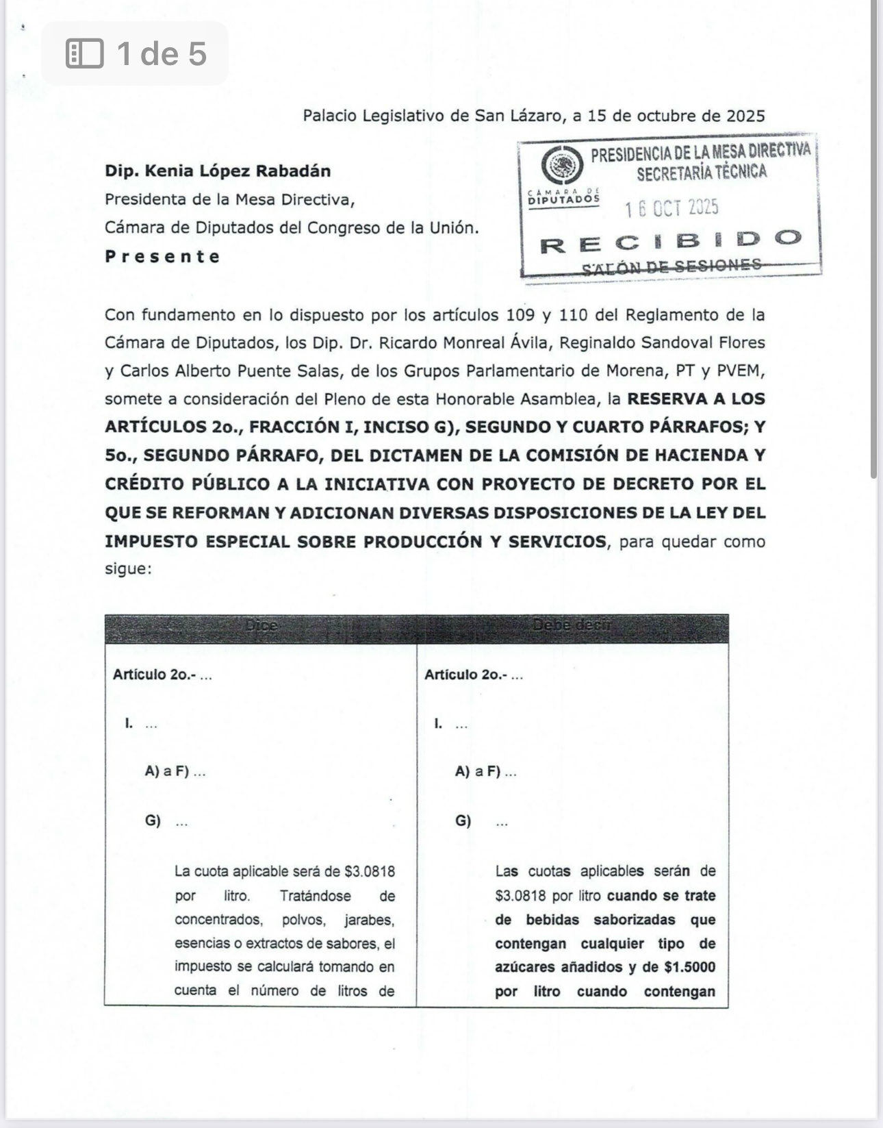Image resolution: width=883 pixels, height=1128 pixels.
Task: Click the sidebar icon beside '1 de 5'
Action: (84, 53)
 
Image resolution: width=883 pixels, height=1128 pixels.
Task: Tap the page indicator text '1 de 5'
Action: (162, 53)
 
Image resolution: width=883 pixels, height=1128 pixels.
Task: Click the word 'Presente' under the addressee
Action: (162, 257)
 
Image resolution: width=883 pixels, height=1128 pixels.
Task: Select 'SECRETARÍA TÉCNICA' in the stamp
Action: (701, 172)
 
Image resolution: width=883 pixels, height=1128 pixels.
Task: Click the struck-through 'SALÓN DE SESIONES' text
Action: (671, 266)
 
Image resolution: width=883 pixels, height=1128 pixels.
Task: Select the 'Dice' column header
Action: (260, 626)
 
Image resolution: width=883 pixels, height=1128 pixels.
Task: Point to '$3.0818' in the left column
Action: (370, 872)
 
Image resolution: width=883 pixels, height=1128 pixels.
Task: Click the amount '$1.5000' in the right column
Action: (689, 967)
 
